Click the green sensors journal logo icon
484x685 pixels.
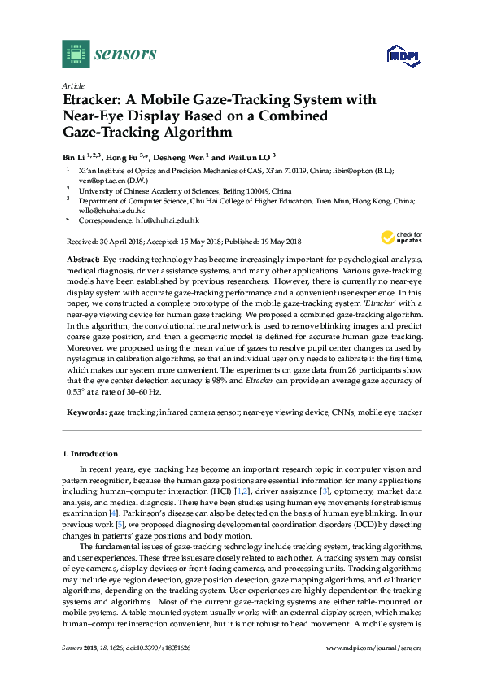[x=76, y=54]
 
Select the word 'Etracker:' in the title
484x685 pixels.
[x=93, y=100]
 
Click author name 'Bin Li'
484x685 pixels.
[x=75, y=155]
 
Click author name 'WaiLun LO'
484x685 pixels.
[x=249, y=155]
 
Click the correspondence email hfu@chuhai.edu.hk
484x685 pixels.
[x=166, y=220]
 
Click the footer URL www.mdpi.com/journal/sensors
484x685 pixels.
[x=373, y=670]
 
